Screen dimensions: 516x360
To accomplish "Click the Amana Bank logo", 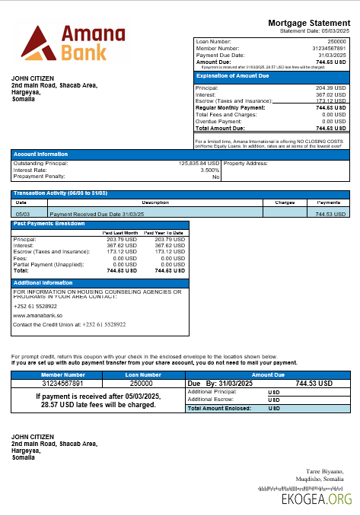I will (64, 43).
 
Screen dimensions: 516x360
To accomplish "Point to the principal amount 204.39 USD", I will (331, 88).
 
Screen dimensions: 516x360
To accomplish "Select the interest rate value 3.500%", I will (209, 170).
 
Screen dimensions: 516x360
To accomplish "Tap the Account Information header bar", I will (41, 154).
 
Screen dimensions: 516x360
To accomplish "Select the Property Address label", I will (246, 163).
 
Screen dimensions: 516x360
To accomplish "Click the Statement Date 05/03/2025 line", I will (314, 30).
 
